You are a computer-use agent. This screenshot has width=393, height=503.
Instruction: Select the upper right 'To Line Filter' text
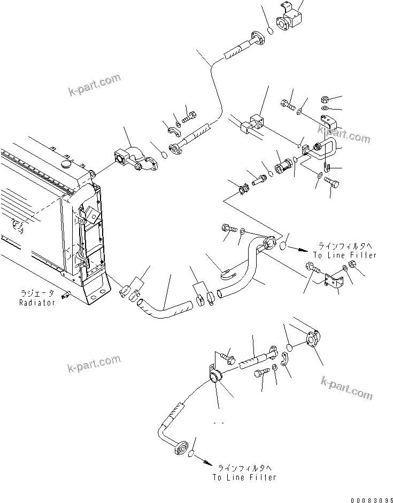[345, 256]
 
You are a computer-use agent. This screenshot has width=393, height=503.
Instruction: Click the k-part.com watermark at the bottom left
[94, 366]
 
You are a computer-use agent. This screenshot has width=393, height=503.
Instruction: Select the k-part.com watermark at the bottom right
[346, 387]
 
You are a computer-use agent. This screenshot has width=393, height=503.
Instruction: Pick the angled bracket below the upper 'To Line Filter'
[334, 281]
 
